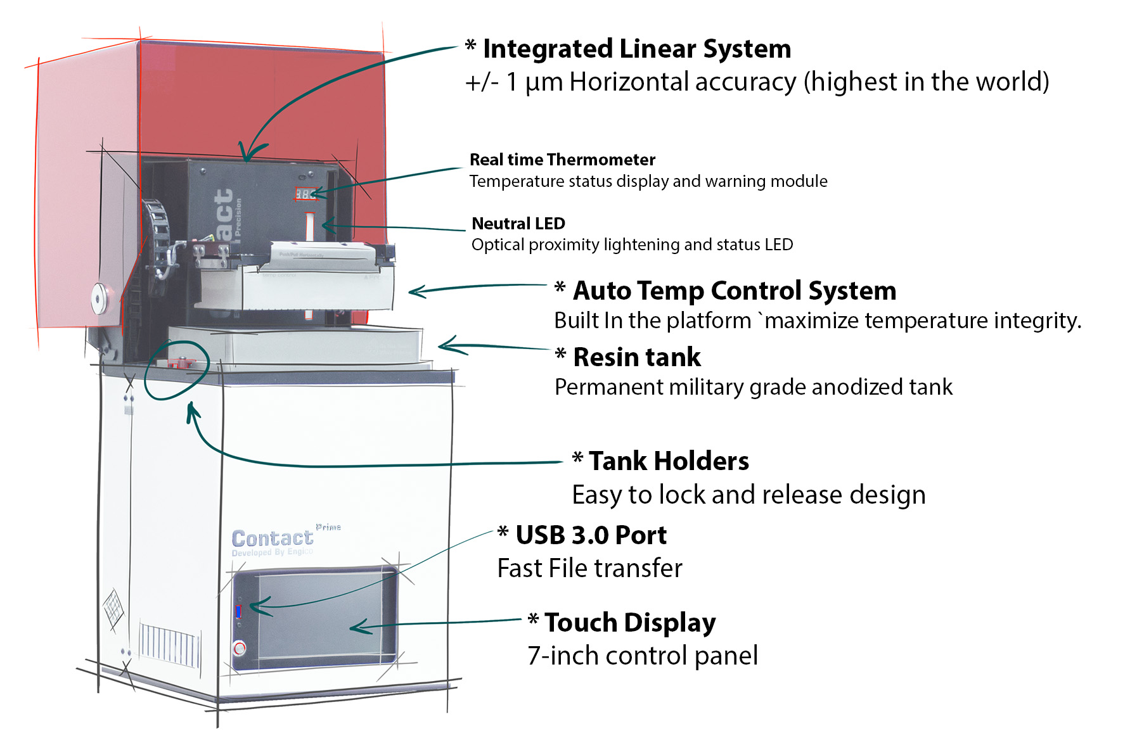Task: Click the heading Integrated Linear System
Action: pyautogui.click(x=636, y=49)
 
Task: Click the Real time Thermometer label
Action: pyautogui.click(x=562, y=160)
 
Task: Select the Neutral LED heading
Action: pyautogui.click(x=518, y=224)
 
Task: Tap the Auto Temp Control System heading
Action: pyautogui.click(x=734, y=291)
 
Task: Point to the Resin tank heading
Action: pyautogui.click(x=636, y=357)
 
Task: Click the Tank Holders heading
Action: pyautogui.click(x=668, y=461)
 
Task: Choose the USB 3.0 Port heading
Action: pyautogui.click(x=590, y=535)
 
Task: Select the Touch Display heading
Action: pyautogui.click(x=629, y=623)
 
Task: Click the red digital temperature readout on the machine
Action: pyautogui.click(x=305, y=194)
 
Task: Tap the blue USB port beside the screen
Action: pyautogui.click(x=239, y=611)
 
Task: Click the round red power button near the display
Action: pyautogui.click(x=240, y=648)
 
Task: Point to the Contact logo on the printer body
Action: pyautogui.click(x=272, y=538)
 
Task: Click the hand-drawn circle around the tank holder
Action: pyautogui.click(x=177, y=370)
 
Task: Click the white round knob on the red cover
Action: pyautogui.click(x=100, y=298)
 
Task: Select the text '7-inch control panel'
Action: pyautogui.click(x=642, y=656)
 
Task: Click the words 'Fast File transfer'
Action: pyautogui.click(x=589, y=568)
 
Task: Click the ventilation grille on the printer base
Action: pyautogui.click(x=169, y=644)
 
